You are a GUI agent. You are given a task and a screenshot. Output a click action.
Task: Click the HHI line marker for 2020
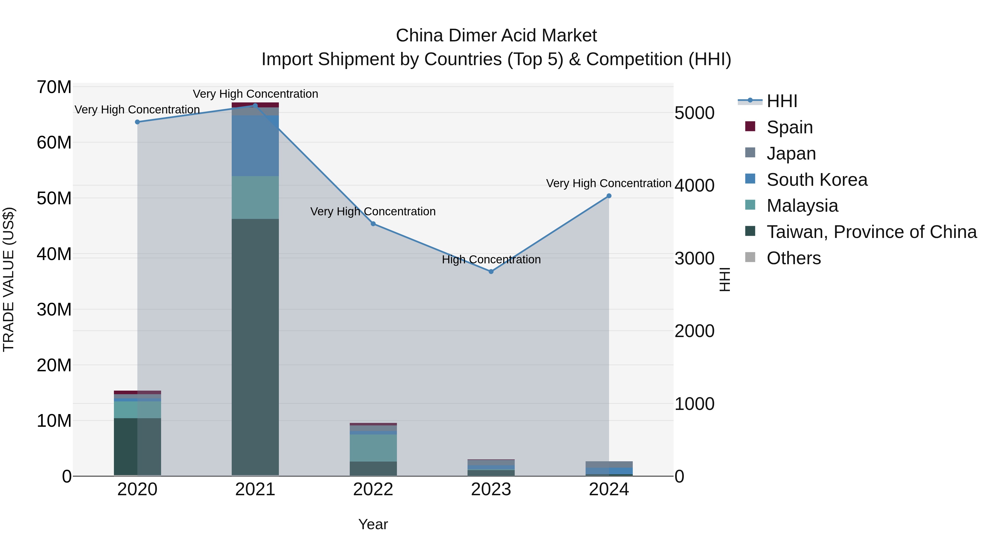point(137,122)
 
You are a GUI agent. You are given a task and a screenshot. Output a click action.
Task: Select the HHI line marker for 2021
point(255,105)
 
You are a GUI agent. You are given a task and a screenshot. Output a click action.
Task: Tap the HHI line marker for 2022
point(373,224)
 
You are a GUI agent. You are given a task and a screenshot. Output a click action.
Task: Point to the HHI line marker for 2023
point(491,272)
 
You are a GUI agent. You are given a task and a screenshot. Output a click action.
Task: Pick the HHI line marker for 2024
point(609,196)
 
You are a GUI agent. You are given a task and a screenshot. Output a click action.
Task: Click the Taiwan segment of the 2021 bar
point(255,347)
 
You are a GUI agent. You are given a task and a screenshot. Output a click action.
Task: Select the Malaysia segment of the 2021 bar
point(255,198)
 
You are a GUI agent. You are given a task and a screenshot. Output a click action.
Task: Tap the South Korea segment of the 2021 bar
point(255,146)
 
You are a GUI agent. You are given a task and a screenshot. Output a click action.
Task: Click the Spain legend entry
point(789,127)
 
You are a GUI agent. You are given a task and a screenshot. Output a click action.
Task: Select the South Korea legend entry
point(816,180)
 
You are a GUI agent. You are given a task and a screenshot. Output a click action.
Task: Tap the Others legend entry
point(793,258)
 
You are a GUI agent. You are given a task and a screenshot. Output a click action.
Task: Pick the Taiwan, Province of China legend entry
point(871,232)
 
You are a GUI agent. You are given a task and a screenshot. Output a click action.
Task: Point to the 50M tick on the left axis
point(54,198)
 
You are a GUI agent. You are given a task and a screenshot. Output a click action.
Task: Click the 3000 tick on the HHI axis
point(694,258)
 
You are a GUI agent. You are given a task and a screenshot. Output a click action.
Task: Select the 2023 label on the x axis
point(491,489)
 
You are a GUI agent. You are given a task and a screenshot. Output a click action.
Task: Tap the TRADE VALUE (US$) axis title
point(9,279)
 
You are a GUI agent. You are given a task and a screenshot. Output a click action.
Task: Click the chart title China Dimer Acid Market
point(496,36)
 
